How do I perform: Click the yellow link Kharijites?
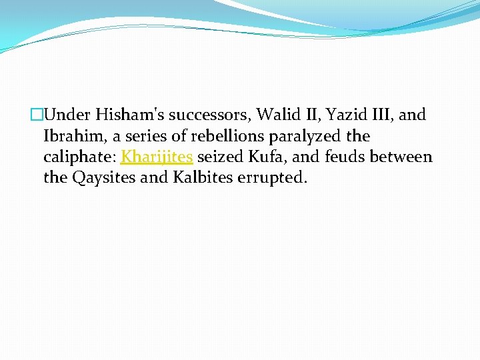click(x=157, y=157)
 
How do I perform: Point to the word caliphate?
click(x=79, y=158)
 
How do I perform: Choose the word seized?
click(x=218, y=157)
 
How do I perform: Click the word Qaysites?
click(x=99, y=179)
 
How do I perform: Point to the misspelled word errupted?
click(x=272, y=179)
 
